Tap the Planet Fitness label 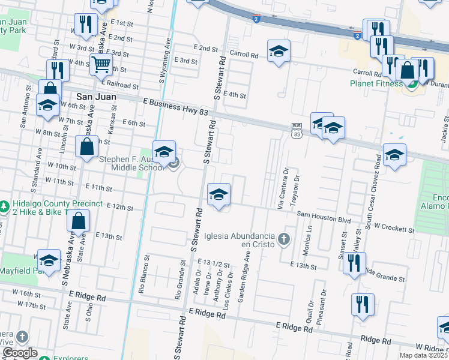point(376,83)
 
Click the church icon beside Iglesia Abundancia point(284,240)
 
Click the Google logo point(20,353)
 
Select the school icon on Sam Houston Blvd point(218,195)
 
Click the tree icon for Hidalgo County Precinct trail point(4,206)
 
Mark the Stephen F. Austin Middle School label point(131,163)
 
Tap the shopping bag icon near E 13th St point(79,221)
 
